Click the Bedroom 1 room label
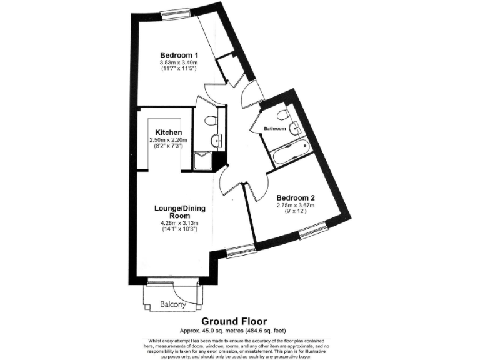179,54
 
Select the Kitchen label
169,132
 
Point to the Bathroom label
274,129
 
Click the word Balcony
172,304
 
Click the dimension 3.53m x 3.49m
179,62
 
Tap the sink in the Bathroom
296,129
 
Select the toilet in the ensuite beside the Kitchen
211,120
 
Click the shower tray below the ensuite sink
202,161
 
